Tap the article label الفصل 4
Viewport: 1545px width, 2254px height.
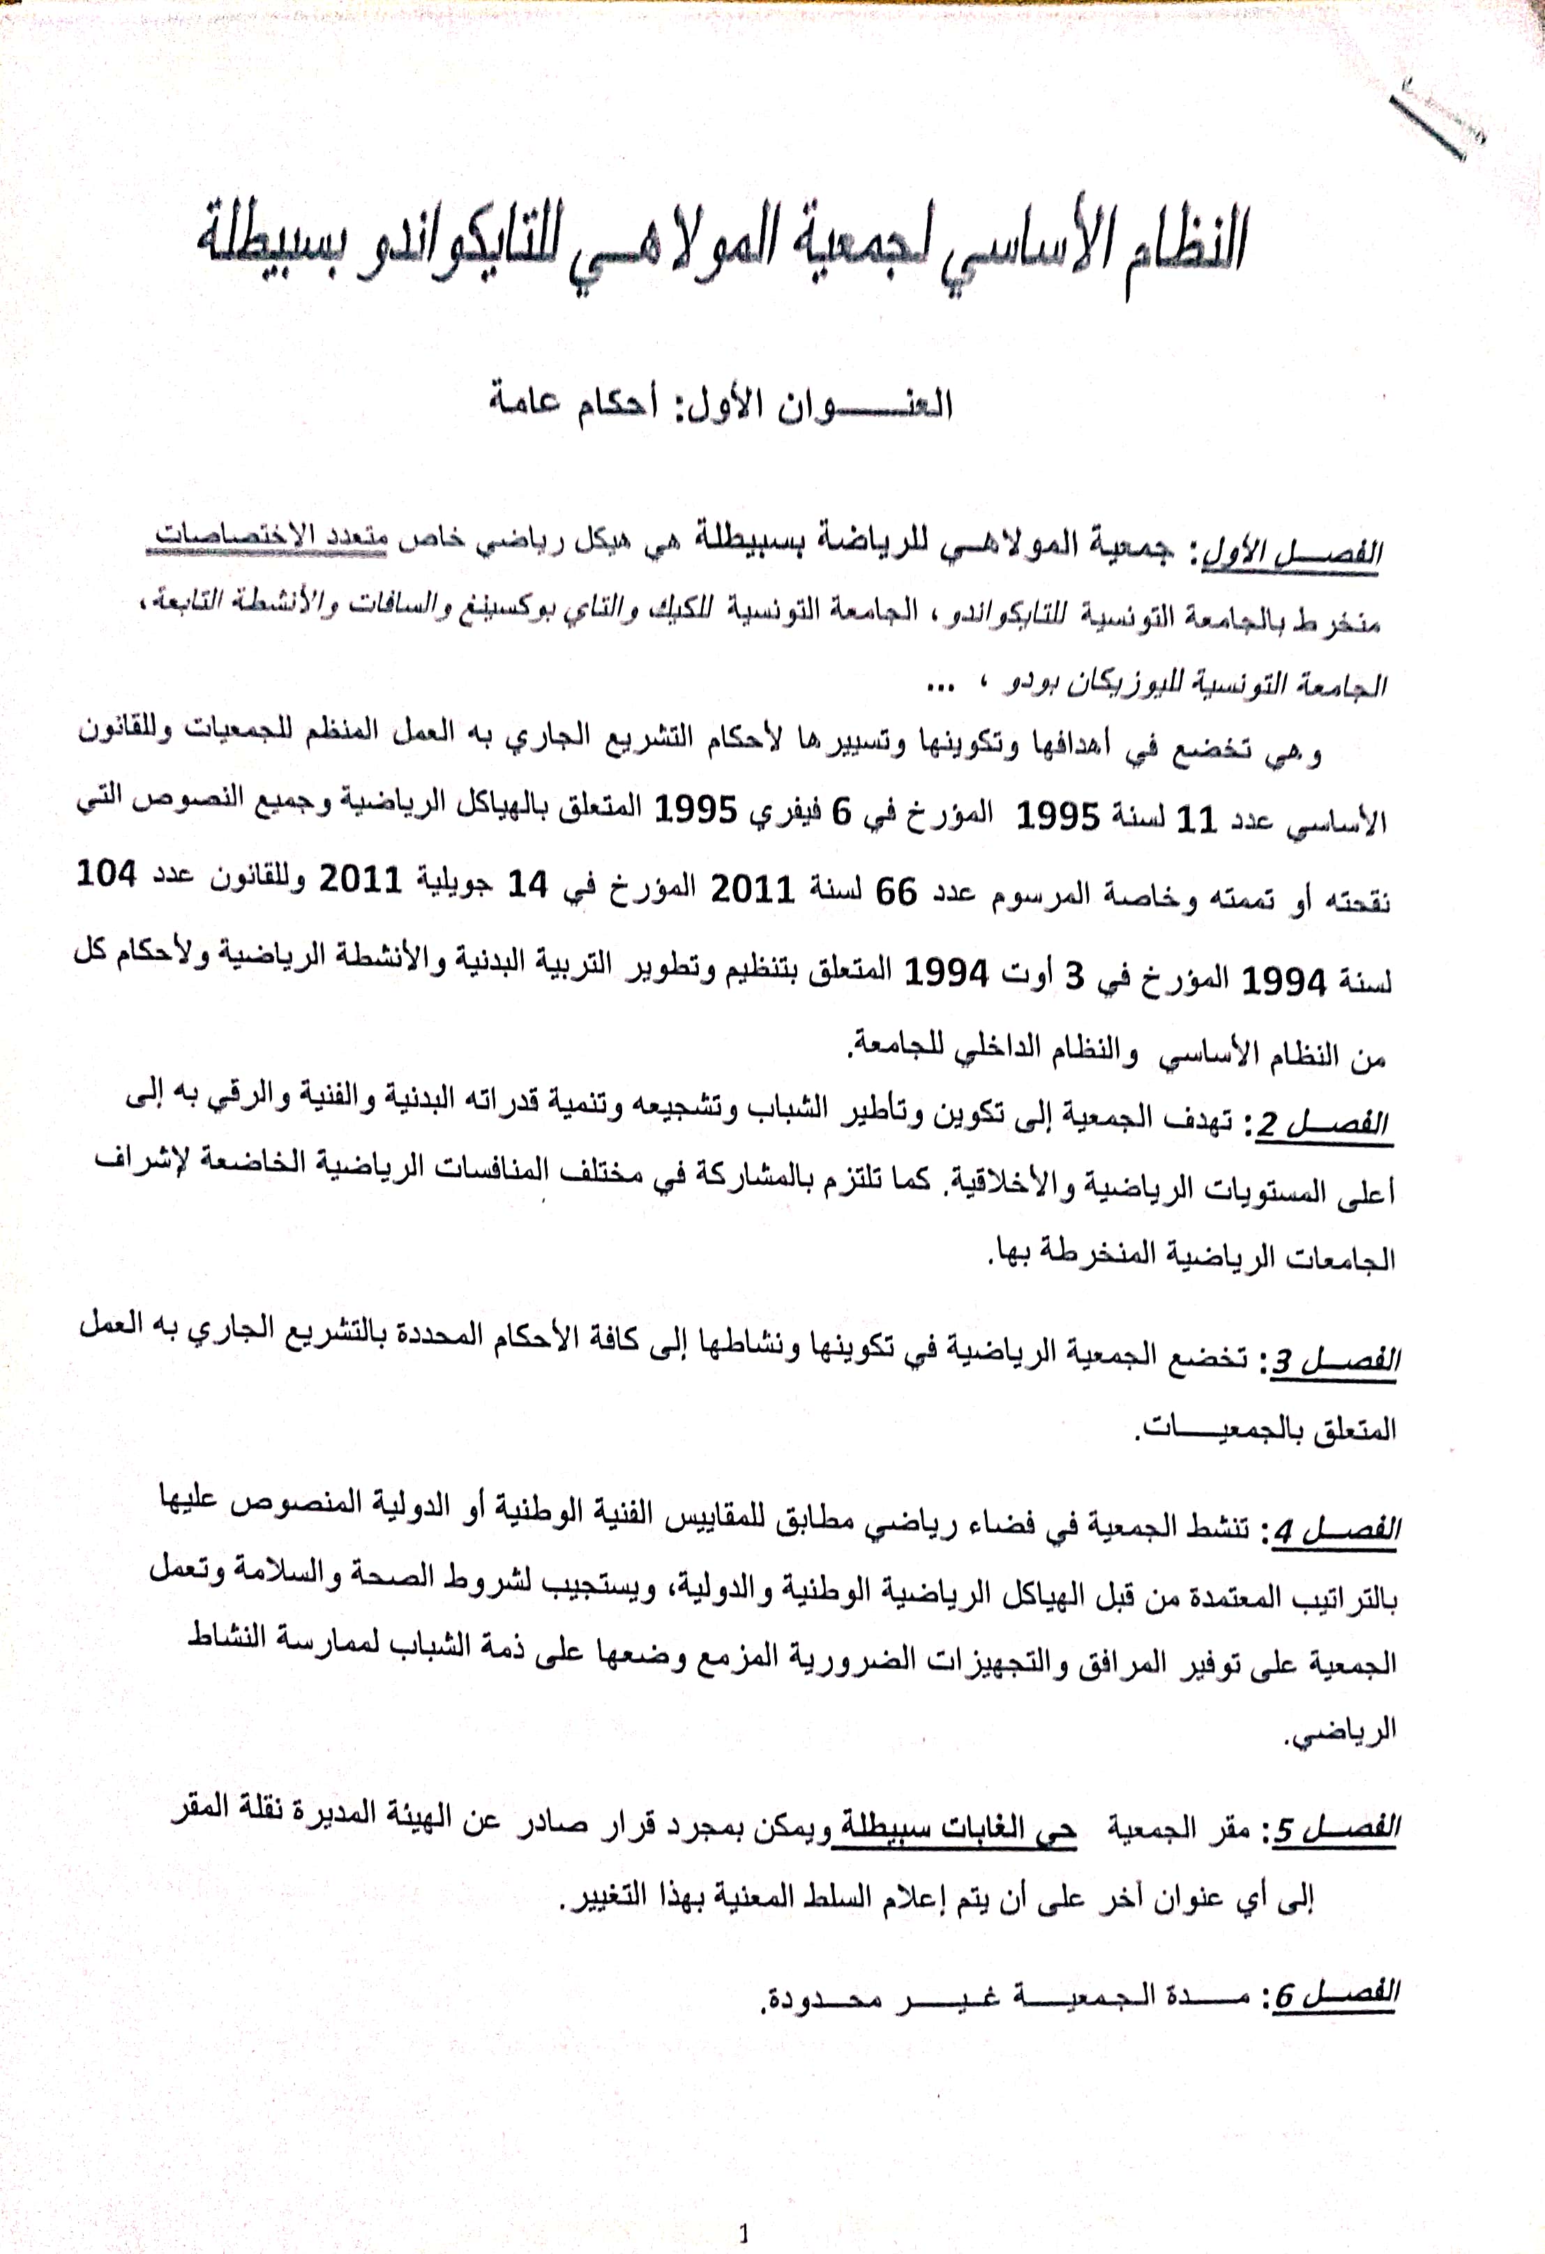1334,1531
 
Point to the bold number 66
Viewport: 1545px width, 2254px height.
896,891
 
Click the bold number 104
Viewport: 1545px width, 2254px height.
106,876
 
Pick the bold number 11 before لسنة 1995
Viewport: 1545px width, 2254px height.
1195,819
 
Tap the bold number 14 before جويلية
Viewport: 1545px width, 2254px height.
529,884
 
